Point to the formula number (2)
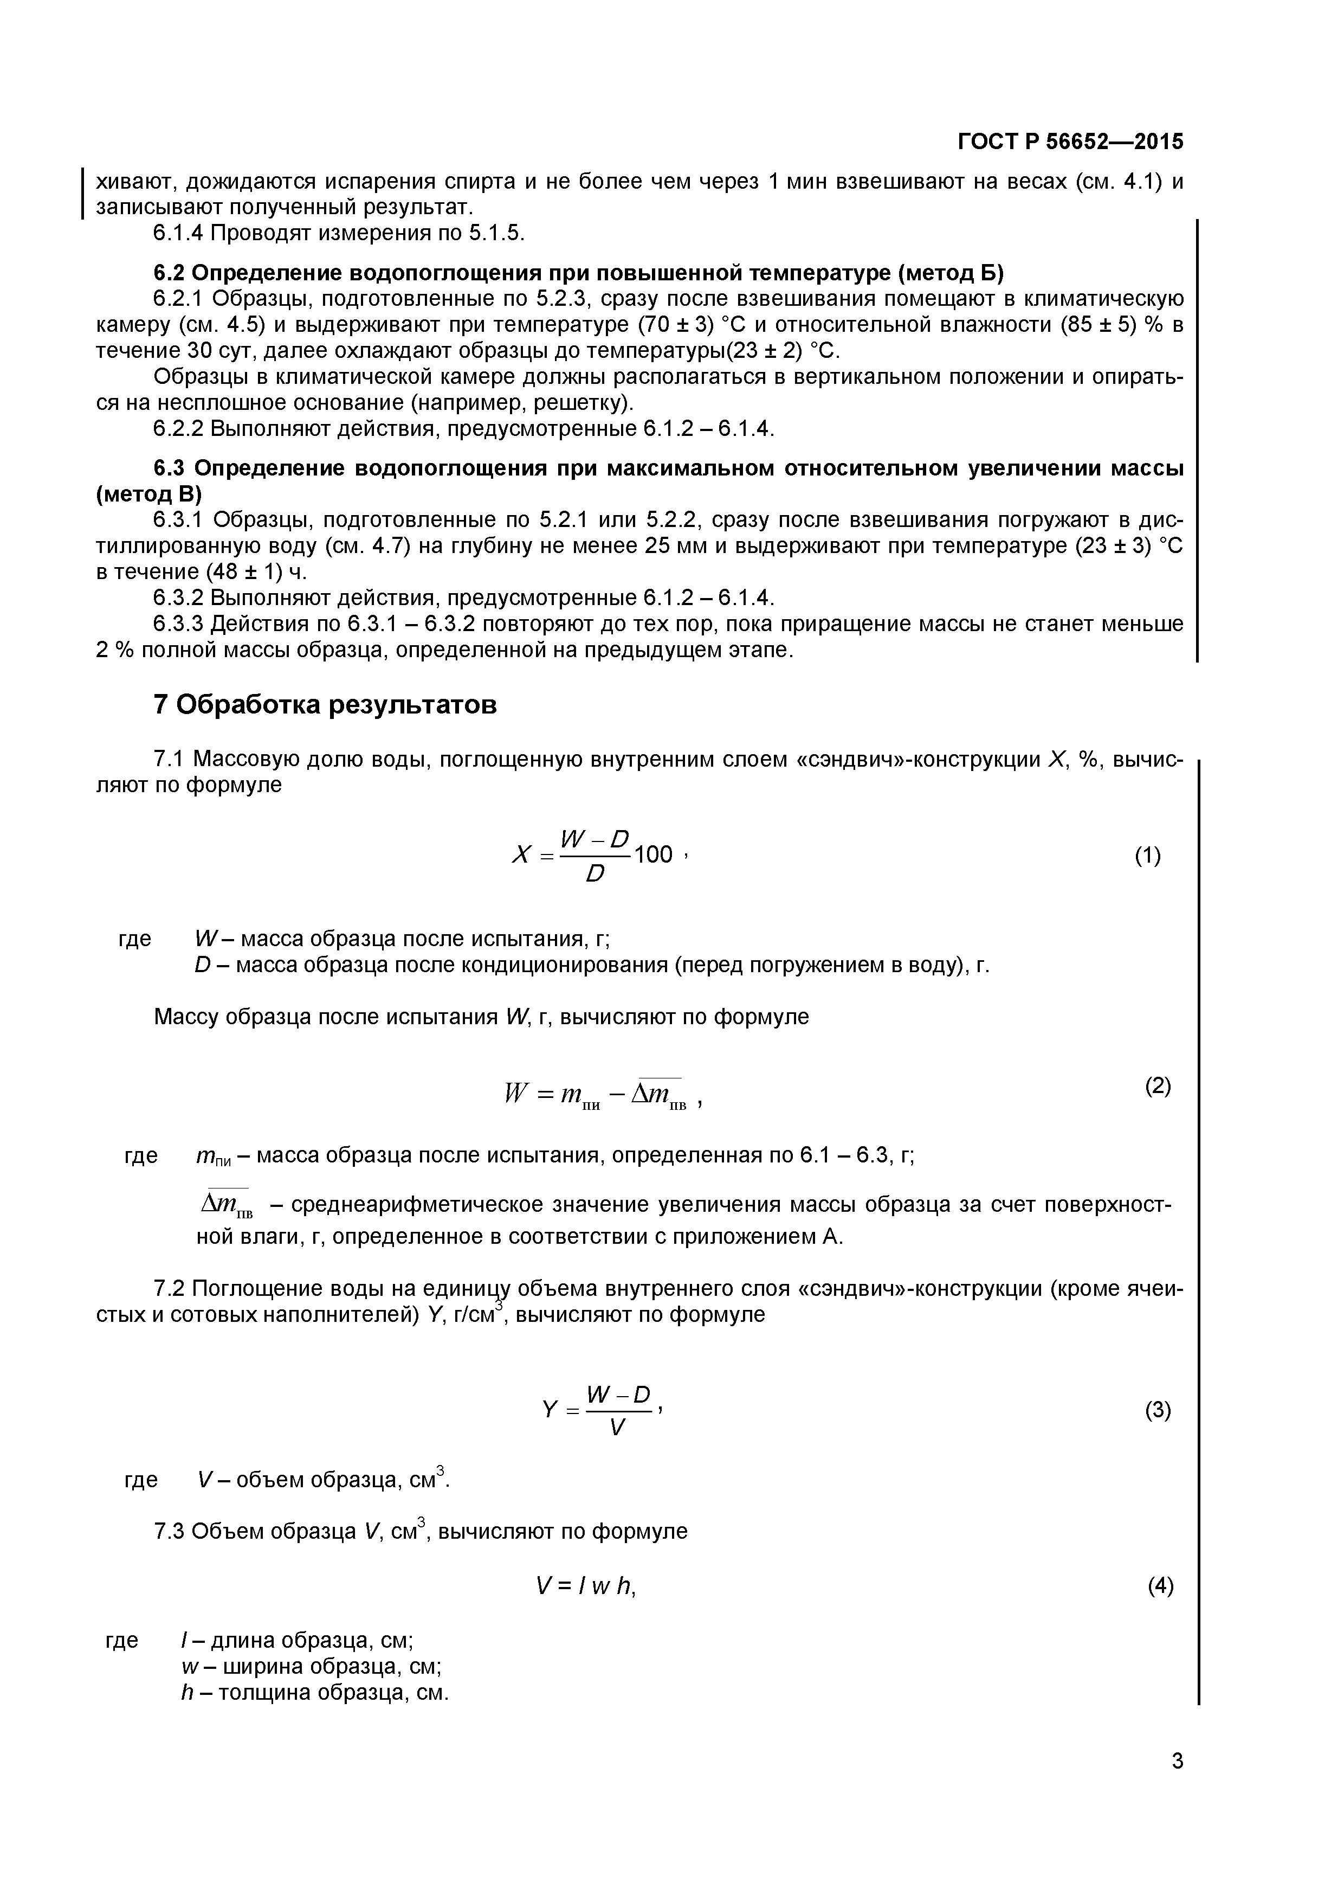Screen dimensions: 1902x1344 coord(1158,1086)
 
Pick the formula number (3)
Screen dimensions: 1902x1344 coord(1158,1410)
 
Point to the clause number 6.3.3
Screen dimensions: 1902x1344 coord(178,624)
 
